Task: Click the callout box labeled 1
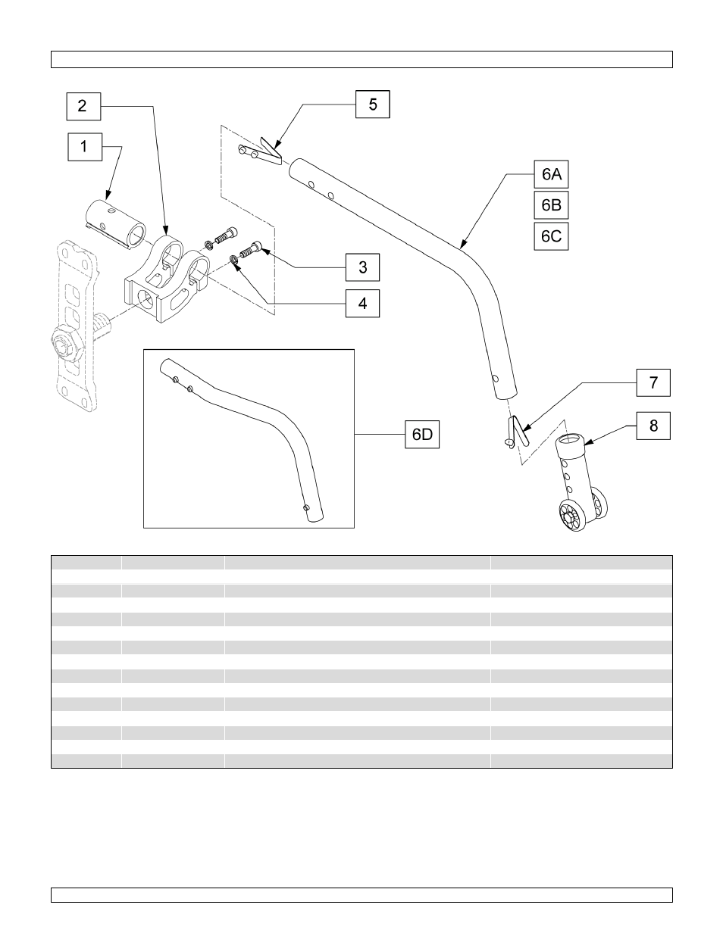[x=84, y=146]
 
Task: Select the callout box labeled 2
[x=82, y=106]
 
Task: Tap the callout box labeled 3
[x=363, y=267]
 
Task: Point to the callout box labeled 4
[x=363, y=303]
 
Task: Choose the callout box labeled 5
[x=373, y=105]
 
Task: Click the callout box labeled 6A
[x=551, y=175]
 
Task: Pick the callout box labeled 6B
[x=551, y=205]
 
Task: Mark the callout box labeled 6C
[x=551, y=236]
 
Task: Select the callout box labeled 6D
[x=422, y=435]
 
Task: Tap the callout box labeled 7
[x=653, y=382]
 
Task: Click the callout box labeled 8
[x=653, y=426]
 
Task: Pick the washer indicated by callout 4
[x=234, y=261]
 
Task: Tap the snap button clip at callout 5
[x=260, y=152]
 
